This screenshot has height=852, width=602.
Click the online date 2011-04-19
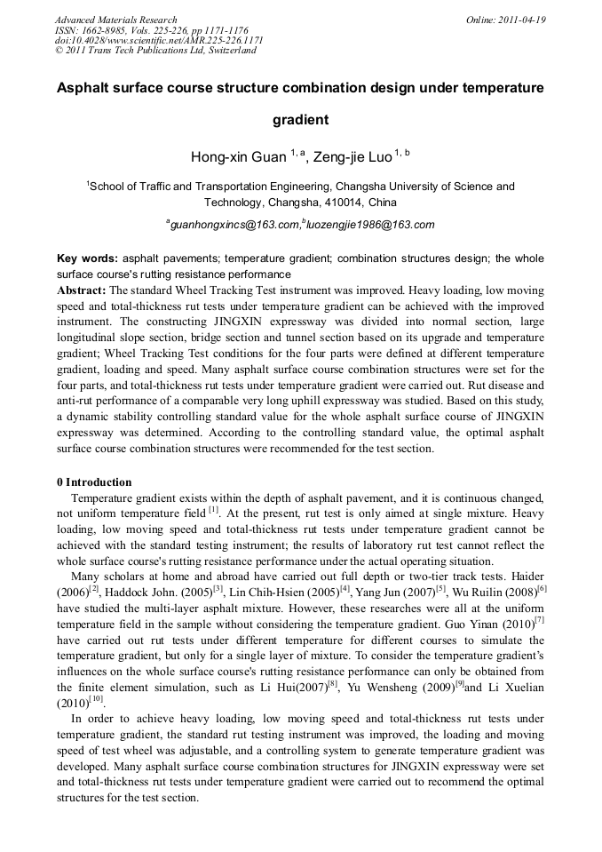(x=522, y=20)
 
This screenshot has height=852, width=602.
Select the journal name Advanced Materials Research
(x=115, y=20)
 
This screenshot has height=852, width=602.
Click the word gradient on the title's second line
(x=300, y=119)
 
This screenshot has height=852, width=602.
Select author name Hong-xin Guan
(x=239, y=157)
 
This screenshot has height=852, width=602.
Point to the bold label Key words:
(x=87, y=259)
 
